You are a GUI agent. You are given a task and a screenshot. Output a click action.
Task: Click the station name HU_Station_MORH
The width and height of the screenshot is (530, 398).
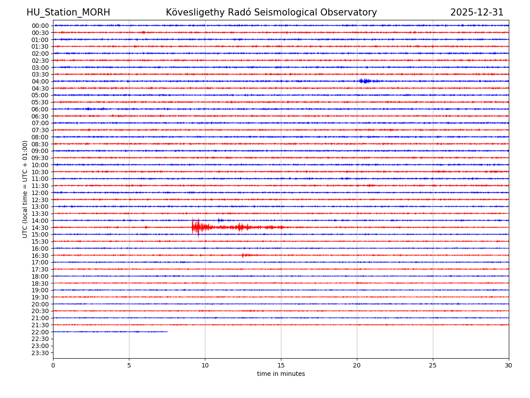[68, 12]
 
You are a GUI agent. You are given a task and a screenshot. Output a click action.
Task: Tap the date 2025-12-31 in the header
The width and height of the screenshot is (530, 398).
[477, 12]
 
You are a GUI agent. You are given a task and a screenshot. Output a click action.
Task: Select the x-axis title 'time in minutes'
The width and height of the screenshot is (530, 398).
[281, 374]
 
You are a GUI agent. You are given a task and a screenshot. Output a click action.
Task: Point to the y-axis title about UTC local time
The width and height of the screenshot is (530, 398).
[25, 189]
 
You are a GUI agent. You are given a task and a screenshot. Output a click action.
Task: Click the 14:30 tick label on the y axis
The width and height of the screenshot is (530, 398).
[40, 228]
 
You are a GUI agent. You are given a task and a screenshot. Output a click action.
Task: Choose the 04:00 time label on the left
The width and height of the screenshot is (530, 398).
[40, 81]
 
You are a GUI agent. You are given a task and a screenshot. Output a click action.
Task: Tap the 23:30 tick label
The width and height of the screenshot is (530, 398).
[40, 353]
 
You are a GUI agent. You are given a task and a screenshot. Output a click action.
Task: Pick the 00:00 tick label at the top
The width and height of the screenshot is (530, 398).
[40, 26]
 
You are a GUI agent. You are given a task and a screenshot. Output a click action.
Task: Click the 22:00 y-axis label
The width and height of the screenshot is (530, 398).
[40, 332]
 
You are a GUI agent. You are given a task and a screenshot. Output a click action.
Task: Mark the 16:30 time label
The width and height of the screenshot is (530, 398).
[40, 256]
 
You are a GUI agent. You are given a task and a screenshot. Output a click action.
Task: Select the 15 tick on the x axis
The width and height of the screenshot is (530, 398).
[281, 366]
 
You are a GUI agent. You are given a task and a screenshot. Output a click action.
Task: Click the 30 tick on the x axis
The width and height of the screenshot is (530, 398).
[509, 366]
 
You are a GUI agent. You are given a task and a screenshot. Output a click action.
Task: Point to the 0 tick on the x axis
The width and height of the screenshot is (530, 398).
[53, 366]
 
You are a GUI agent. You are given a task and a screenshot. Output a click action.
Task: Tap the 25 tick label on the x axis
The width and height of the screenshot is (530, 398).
[433, 366]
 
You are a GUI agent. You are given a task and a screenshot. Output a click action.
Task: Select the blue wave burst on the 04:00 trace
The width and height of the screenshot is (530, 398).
[366, 81]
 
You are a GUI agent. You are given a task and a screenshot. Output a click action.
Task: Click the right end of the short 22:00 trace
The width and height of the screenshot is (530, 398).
[167, 332]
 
